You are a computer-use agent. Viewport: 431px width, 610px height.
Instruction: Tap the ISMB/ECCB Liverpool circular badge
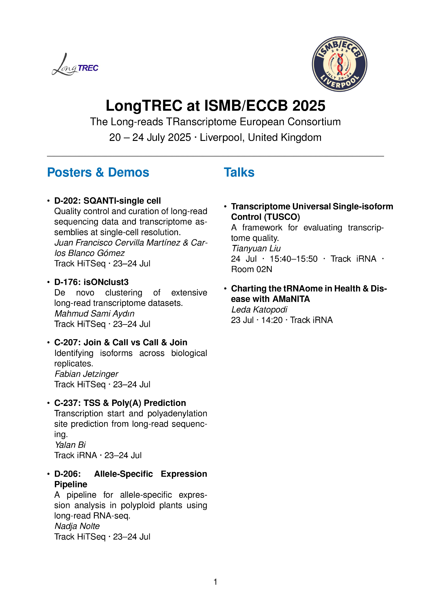[339, 64]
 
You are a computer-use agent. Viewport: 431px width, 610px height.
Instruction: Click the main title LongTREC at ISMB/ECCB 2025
[215, 106]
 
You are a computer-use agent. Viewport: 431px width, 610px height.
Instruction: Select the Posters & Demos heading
[98, 173]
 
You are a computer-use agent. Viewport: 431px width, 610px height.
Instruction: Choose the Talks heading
[239, 173]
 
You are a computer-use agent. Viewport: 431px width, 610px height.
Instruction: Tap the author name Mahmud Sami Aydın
[94, 314]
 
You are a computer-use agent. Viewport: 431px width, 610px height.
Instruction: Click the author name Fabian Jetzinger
[86, 374]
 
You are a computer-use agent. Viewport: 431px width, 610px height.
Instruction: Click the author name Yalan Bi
[70, 445]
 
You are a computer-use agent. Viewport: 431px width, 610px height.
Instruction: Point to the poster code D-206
[67, 474]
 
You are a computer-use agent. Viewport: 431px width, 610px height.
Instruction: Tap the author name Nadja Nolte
[77, 526]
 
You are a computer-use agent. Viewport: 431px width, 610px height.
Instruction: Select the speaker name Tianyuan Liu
[256, 249]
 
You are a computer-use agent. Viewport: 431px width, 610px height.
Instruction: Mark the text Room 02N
[252, 269]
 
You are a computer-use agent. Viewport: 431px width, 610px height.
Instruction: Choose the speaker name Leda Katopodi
[259, 310]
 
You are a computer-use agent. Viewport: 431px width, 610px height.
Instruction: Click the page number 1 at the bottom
[215, 582]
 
